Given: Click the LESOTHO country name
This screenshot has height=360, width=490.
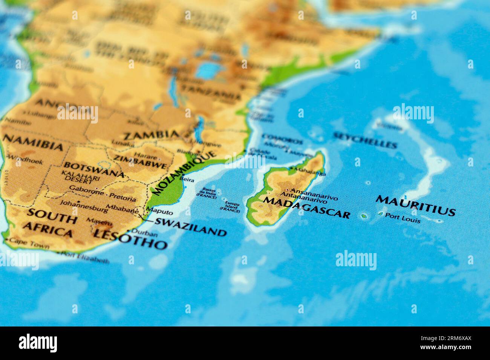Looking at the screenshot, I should point(130,239).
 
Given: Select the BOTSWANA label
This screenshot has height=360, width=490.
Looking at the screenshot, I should point(93,169).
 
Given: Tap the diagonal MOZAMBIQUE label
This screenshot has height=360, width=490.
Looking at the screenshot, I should point(184,173).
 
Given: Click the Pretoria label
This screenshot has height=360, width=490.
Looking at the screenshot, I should point(122,197).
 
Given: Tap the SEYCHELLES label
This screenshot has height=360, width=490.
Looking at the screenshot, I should point(365,140).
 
